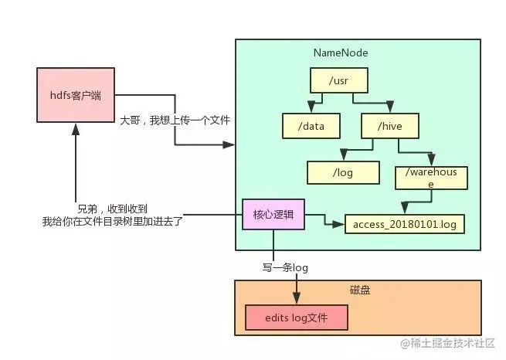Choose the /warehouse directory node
tap(430, 178)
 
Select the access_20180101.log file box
tap(404, 224)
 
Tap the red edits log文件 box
tap(296, 318)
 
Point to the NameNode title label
tap(340, 53)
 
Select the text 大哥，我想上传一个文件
tap(175, 121)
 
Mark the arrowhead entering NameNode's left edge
tap(229, 144)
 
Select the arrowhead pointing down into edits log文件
tap(296, 300)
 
